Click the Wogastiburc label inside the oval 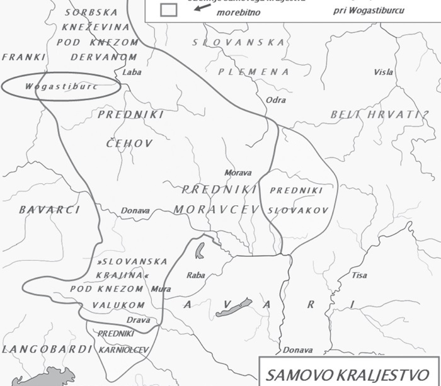(61, 86)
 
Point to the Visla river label (383, 72)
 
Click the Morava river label (238, 173)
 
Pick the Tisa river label (360, 275)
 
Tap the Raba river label (196, 275)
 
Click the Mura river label (161, 289)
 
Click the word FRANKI (24, 57)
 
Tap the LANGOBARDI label (40, 349)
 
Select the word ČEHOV (129, 144)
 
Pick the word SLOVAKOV (295, 209)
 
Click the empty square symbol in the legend (168, 9)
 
